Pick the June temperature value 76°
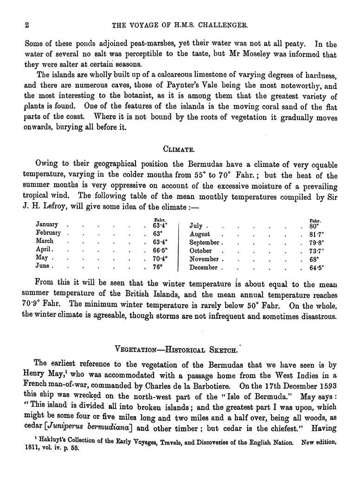[158, 267]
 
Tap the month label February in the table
[49, 232]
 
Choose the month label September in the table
[205, 243]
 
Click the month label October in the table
[201, 250]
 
